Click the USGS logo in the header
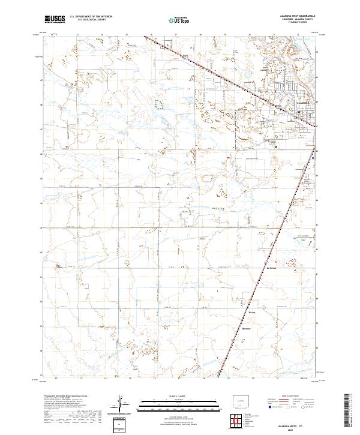point(55,19)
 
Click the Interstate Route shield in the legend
point(267,406)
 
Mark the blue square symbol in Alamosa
point(299,111)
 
